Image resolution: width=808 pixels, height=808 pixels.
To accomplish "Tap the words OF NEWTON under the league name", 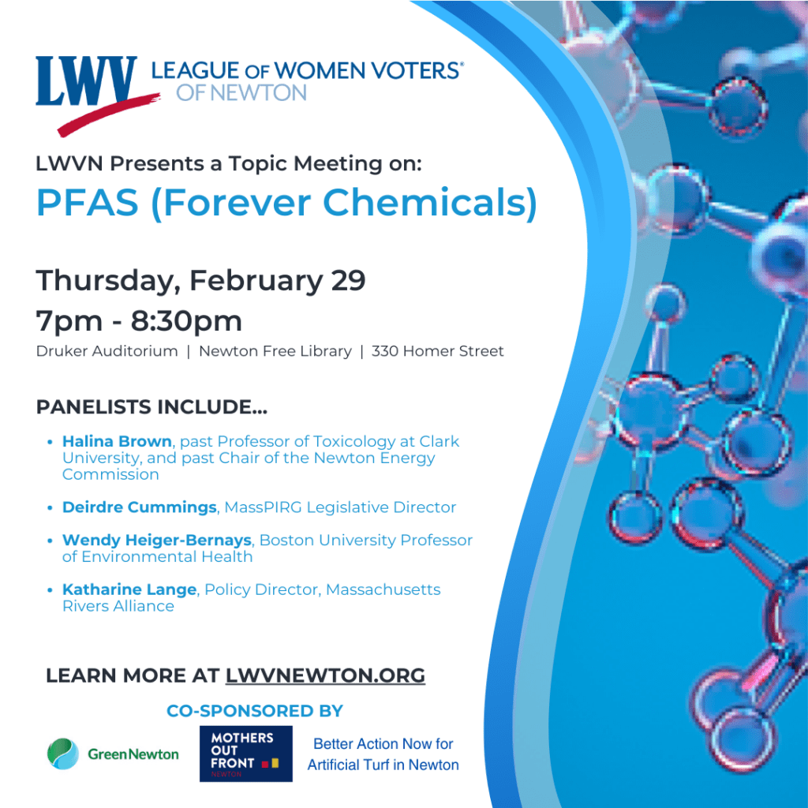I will [241, 92].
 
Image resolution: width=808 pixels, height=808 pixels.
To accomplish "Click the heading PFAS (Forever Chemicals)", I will [286, 202].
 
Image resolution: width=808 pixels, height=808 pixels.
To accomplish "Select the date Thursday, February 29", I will [200, 280].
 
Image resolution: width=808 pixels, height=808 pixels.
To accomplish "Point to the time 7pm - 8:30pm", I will [139, 321].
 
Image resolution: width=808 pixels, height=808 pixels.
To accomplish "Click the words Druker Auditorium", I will [107, 351].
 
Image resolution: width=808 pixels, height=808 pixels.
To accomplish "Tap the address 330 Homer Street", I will [437, 351].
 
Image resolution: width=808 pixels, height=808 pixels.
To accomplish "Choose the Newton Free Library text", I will [275, 351].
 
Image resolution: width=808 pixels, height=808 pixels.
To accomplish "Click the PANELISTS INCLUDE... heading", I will [151, 407].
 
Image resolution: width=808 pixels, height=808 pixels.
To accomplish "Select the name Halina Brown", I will [117, 441].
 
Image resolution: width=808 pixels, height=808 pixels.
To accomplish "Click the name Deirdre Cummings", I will [140, 507].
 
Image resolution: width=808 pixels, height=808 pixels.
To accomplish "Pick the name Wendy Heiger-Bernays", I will [157, 541].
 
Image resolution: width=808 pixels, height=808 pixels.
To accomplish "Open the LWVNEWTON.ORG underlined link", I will [325, 675].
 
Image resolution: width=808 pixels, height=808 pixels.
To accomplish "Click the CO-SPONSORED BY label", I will [255, 711].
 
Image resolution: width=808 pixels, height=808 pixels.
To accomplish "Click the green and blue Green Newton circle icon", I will [63, 754].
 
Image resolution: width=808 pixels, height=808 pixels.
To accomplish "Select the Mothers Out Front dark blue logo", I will [245, 754].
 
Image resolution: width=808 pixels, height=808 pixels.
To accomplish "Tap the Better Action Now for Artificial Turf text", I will [383, 754].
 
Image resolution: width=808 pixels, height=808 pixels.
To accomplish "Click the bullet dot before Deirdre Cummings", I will [50, 507].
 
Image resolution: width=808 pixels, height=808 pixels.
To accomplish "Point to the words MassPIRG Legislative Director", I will [340, 507].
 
